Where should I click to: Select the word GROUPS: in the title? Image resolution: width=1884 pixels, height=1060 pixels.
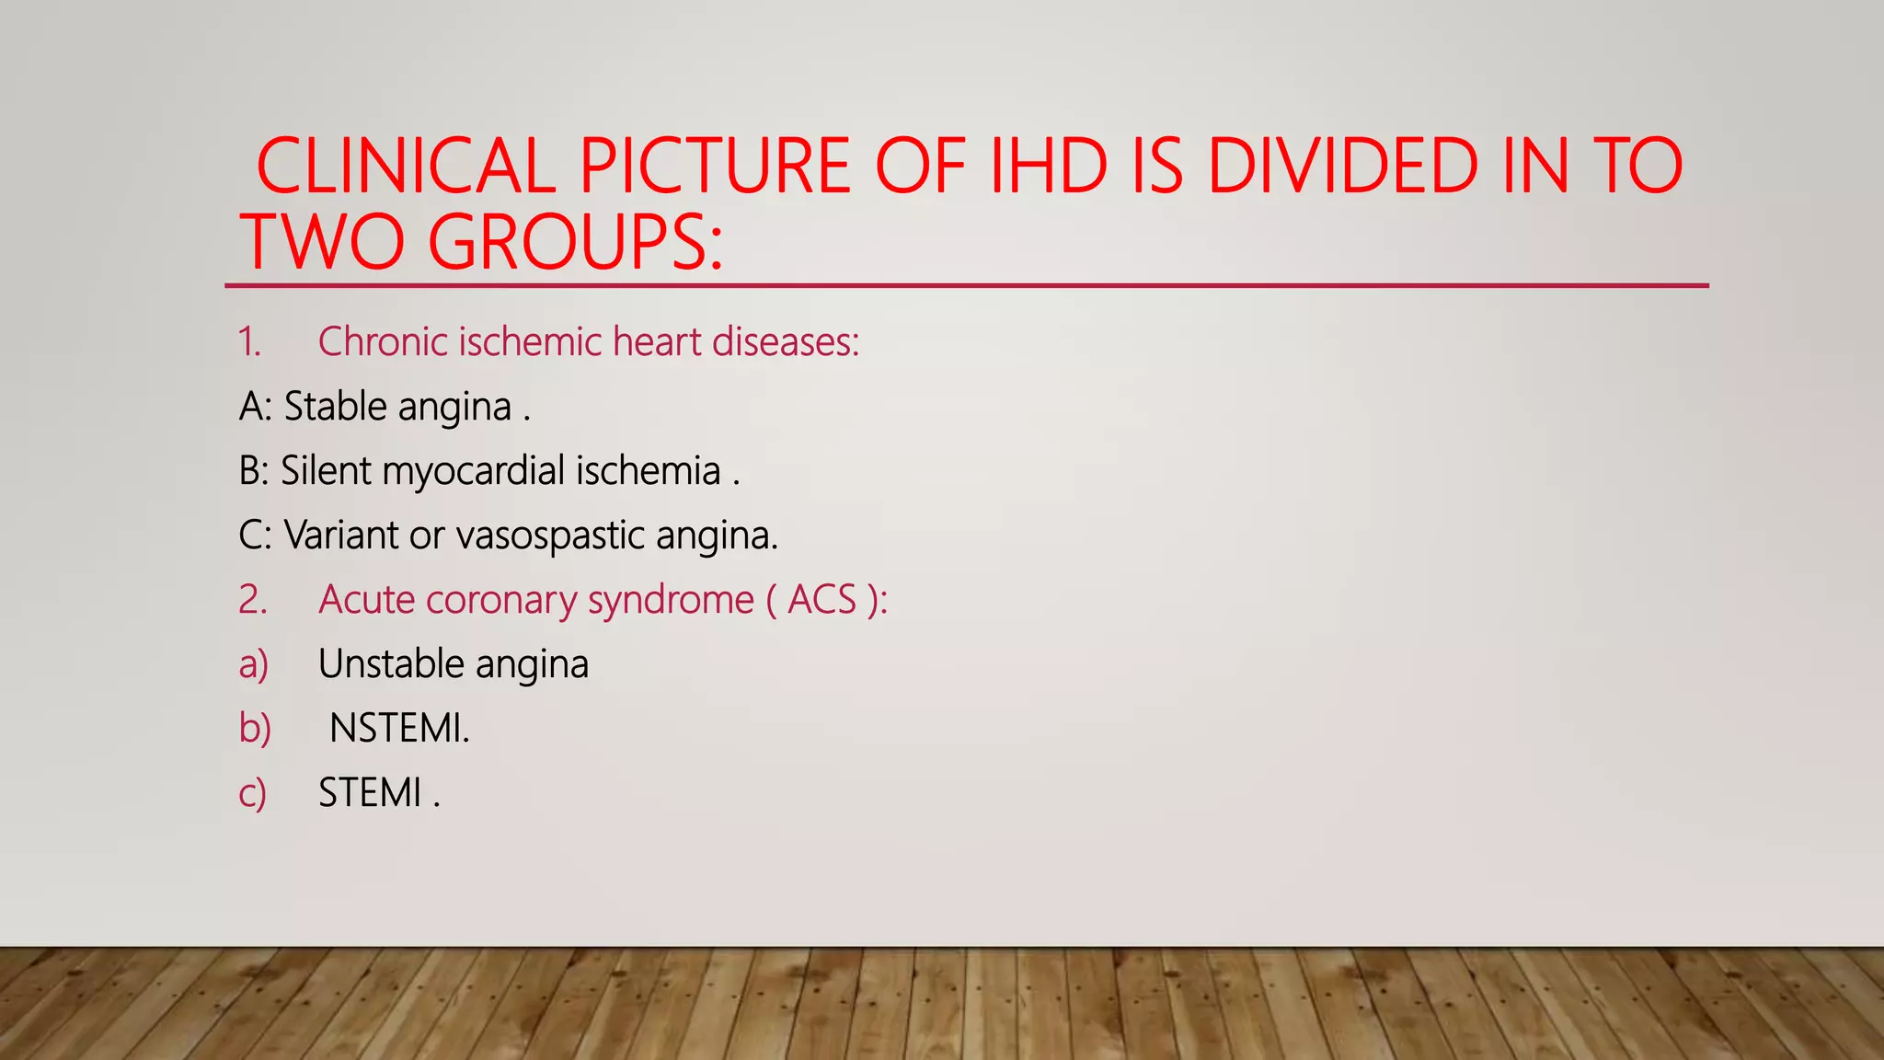coord(575,242)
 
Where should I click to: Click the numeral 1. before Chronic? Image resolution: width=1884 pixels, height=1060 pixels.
coord(249,342)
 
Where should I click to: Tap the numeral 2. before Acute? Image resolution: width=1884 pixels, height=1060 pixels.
coord(252,600)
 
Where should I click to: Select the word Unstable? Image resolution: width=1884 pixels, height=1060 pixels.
coord(391,664)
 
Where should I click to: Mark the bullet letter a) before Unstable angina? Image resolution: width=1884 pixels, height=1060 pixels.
coord(253,664)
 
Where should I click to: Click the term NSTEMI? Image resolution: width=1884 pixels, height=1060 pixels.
coord(399,729)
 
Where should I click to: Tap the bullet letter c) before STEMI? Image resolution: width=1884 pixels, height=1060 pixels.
coord(252,793)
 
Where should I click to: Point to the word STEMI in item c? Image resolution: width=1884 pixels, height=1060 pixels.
coord(370,793)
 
